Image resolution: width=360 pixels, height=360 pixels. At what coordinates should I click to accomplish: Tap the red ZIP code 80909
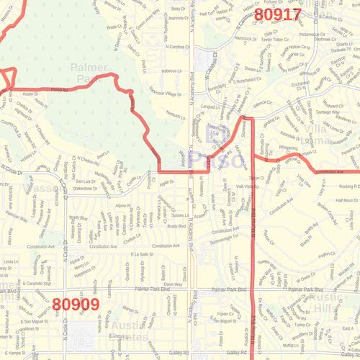(76, 305)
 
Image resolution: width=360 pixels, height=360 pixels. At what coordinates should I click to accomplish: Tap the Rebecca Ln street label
(172, 71)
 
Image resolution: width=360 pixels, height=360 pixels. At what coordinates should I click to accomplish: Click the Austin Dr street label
(30, 94)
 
